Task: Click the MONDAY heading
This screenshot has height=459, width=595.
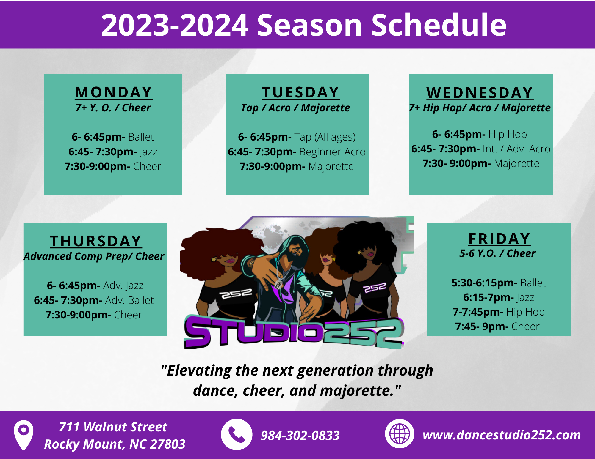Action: click(113, 92)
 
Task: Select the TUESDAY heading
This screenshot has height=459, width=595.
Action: click(300, 92)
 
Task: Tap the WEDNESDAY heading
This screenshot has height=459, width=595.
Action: click(480, 93)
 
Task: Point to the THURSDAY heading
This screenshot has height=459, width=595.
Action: click(95, 241)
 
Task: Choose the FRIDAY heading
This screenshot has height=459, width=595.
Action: click(499, 239)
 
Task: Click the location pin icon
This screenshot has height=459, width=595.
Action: click(24, 435)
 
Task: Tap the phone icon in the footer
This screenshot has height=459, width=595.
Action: click(237, 434)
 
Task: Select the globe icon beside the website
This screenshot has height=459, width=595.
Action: click(400, 434)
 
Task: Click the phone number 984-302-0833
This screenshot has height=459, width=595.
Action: click(300, 436)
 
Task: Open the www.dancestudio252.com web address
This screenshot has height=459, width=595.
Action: click(502, 435)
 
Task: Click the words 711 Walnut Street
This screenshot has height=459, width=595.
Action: click(113, 427)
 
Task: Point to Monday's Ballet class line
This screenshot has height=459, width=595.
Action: click(113, 137)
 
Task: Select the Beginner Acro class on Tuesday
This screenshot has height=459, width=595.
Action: click(297, 152)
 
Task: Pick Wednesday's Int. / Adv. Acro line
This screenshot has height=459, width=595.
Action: click(481, 149)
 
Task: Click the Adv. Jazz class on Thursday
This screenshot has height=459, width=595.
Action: click(95, 286)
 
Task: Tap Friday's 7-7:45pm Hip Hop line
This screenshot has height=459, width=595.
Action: click(499, 312)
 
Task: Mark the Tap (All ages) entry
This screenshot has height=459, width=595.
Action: click(297, 137)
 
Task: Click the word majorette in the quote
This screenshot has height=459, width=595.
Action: click(356, 390)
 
